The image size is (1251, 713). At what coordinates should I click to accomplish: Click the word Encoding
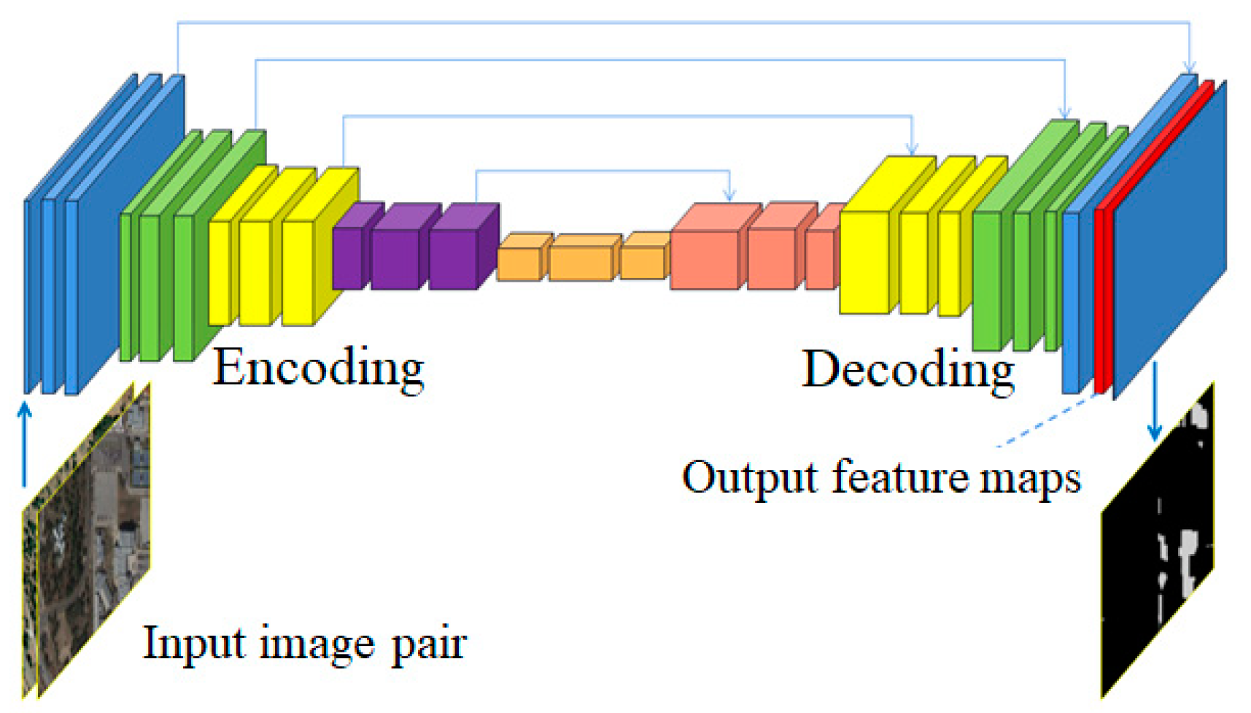(x=318, y=368)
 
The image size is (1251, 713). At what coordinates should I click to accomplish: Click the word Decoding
(x=908, y=369)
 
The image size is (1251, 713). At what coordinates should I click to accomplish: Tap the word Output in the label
(x=751, y=478)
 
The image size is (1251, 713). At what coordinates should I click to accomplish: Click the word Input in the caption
(x=191, y=644)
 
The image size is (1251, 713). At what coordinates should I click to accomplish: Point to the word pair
(x=429, y=645)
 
